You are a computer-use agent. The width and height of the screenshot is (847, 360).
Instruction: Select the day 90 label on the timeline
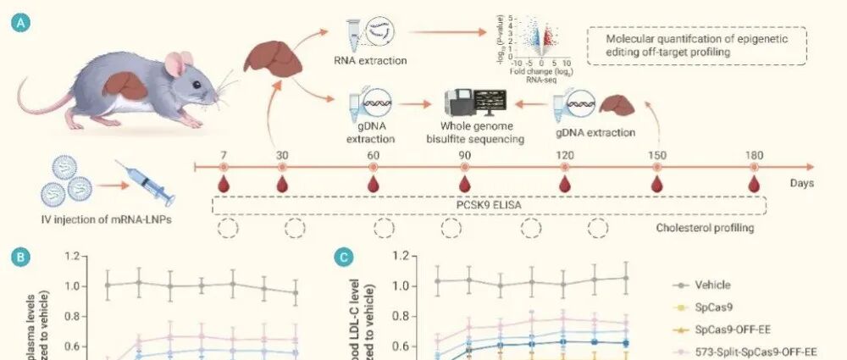point(464,155)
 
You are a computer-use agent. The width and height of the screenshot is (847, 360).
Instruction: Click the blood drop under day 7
point(224,183)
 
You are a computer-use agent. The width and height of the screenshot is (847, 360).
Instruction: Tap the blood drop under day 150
point(657,183)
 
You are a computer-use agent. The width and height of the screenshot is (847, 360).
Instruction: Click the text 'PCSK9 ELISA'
point(489,205)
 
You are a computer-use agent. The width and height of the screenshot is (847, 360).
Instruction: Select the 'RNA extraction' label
point(371,61)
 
